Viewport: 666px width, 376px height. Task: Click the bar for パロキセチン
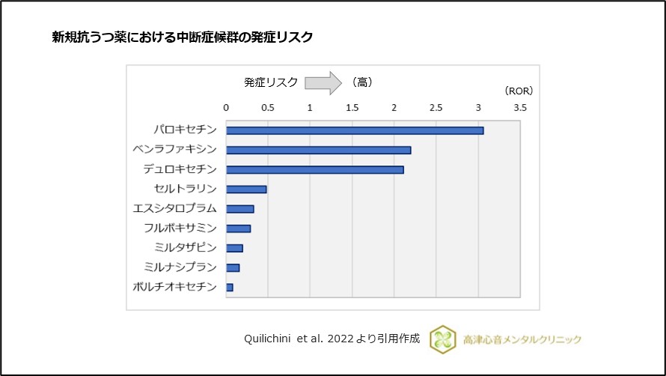pos(355,130)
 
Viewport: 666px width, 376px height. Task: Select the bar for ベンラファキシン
pos(318,150)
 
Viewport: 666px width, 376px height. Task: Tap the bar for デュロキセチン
pos(314,169)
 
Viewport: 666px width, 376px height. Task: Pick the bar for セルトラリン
pos(246,189)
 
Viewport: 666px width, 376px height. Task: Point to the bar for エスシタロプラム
pos(239,208)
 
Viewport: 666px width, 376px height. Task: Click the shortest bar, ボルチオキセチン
pos(229,287)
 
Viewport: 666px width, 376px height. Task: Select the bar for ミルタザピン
pos(234,248)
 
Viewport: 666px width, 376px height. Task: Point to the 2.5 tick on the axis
pos(436,109)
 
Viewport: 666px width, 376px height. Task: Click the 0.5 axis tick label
pos(268,109)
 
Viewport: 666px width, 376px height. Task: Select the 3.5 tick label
pos(519,109)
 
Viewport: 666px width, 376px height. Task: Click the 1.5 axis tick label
pos(352,109)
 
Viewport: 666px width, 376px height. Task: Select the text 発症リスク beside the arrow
pos(271,82)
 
